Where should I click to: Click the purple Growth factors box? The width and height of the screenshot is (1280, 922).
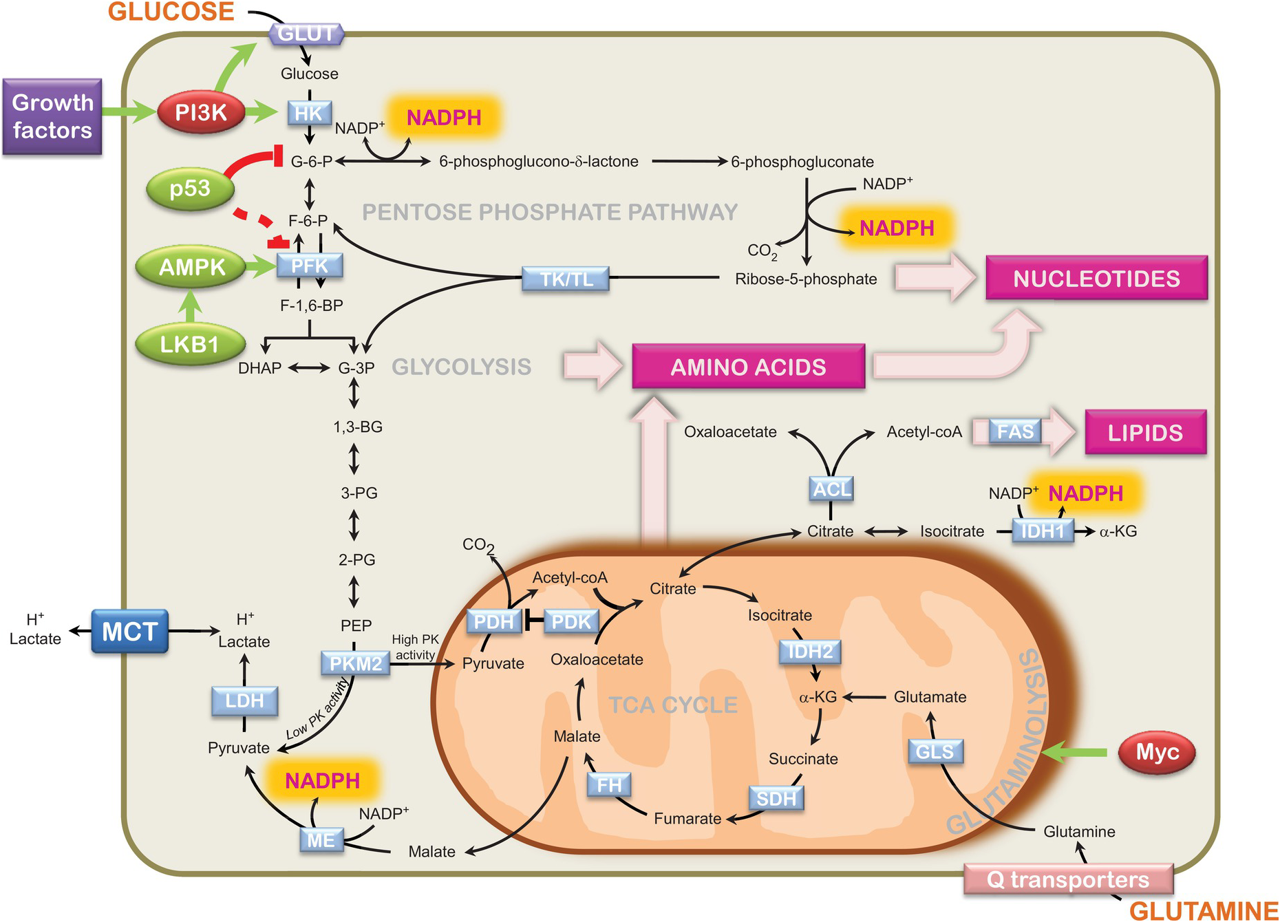tap(52, 116)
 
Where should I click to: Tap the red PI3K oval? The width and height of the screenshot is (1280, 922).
tap(200, 112)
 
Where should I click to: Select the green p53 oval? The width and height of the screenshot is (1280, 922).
tap(189, 188)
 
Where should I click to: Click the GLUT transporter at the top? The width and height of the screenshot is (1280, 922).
tap(307, 33)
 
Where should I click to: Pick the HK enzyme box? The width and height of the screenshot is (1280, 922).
tap(309, 113)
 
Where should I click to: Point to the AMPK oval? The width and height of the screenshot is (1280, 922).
tap(191, 267)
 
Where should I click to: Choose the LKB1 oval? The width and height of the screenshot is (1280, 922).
tap(189, 343)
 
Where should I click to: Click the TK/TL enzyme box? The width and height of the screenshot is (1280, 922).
tap(566, 279)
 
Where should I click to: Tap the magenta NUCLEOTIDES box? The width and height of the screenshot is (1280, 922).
tap(1096, 278)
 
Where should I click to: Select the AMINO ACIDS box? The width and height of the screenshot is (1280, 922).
tap(748, 367)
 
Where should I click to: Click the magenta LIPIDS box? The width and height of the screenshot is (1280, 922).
tap(1145, 432)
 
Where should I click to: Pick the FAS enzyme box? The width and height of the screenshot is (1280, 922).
tap(1015, 431)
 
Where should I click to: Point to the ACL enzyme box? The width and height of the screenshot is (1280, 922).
tap(831, 489)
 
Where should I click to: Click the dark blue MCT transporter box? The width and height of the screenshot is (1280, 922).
tap(129, 631)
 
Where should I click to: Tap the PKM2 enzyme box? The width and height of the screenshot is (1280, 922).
tap(355, 663)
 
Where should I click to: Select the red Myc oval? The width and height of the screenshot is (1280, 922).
tap(1157, 752)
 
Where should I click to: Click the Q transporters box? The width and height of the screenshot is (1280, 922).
tap(1068, 879)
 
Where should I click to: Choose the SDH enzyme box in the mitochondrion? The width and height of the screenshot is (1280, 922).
tap(776, 797)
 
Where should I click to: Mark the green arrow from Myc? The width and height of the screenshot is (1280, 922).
tap(1074, 753)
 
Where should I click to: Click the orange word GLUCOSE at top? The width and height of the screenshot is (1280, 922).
tap(171, 12)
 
